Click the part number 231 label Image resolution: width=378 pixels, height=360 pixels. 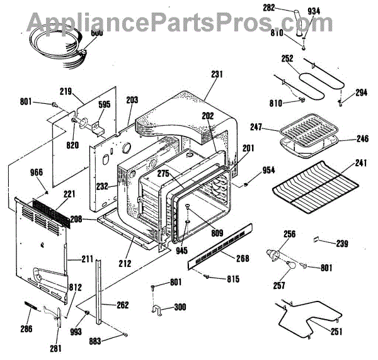[217, 74]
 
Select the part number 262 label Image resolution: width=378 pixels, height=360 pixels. [122, 305]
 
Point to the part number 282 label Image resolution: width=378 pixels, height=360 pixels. [286, 8]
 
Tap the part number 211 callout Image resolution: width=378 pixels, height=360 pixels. [87, 258]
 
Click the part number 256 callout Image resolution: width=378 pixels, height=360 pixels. [289, 233]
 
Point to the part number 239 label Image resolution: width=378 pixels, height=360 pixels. [342, 244]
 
